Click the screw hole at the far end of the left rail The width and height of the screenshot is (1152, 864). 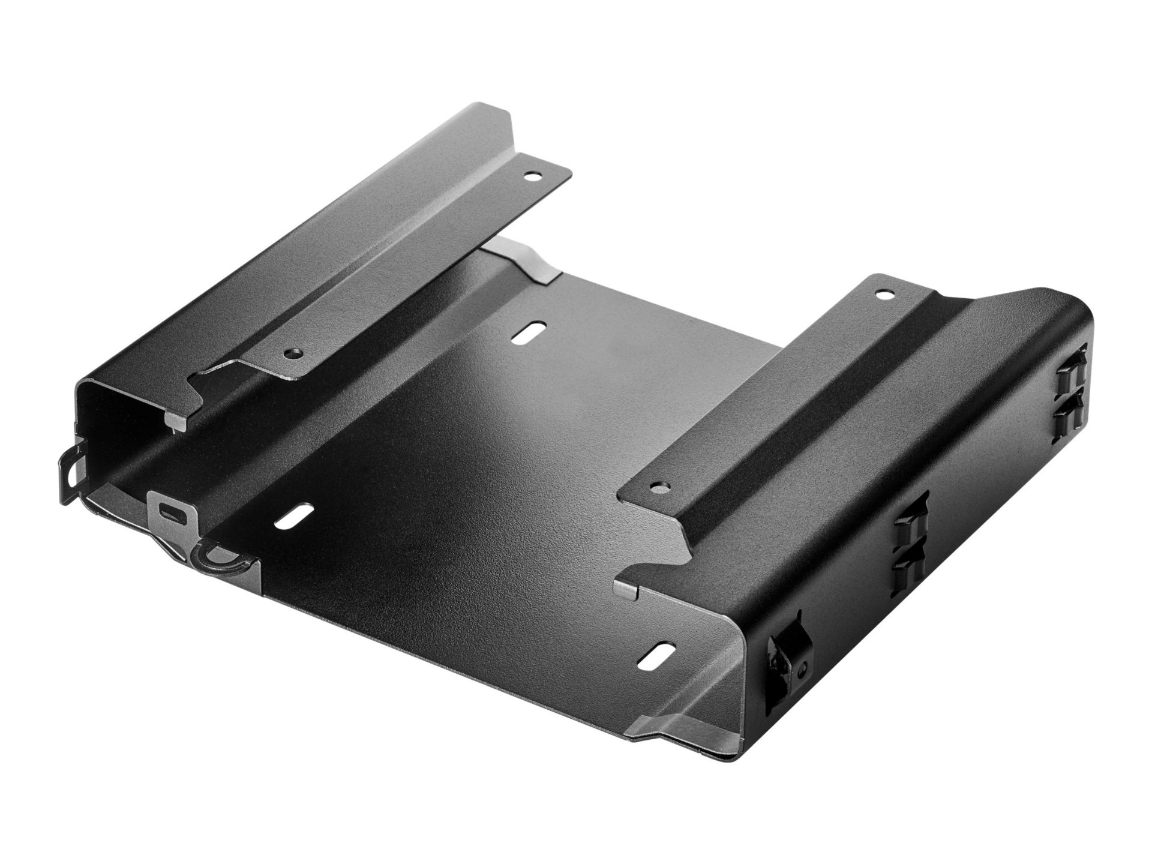click(x=530, y=178)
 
